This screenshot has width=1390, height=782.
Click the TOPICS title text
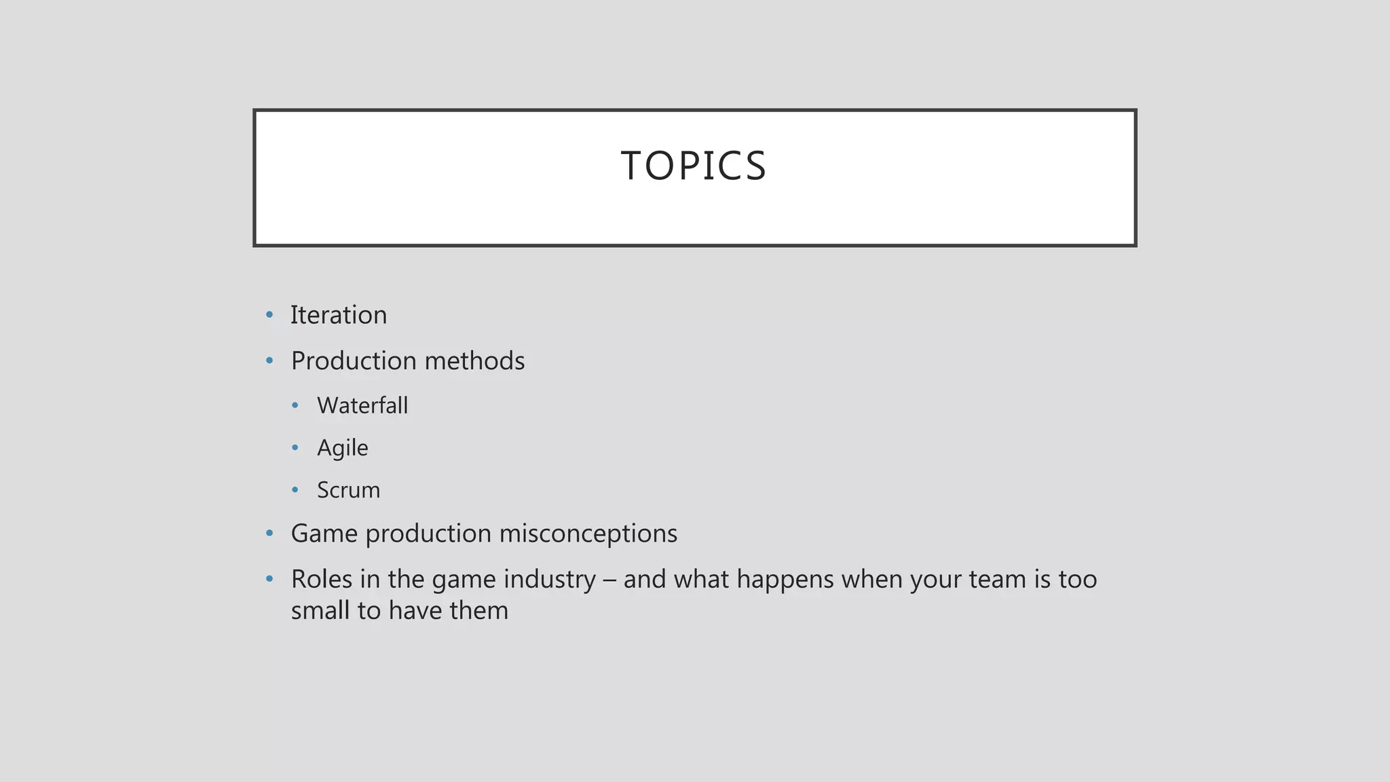pyautogui.click(x=694, y=166)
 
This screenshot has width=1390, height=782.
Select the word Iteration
pyautogui.click(x=339, y=315)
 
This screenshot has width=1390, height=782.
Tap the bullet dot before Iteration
pyautogui.click(x=269, y=315)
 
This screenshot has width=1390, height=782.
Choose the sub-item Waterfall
pyautogui.click(x=362, y=405)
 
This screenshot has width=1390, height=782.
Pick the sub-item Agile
pyautogui.click(x=343, y=448)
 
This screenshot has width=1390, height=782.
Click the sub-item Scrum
pyautogui.click(x=348, y=490)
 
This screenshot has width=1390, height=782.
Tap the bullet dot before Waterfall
pyautogui.click(x=295, y=406)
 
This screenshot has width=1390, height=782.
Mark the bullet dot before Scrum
pyautogui.click(x=295, y=490)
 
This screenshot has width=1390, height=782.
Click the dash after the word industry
pyautogui.click(x=609, y=580)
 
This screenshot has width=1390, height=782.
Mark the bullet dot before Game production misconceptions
pyautogui.click(x=269, y=534)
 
